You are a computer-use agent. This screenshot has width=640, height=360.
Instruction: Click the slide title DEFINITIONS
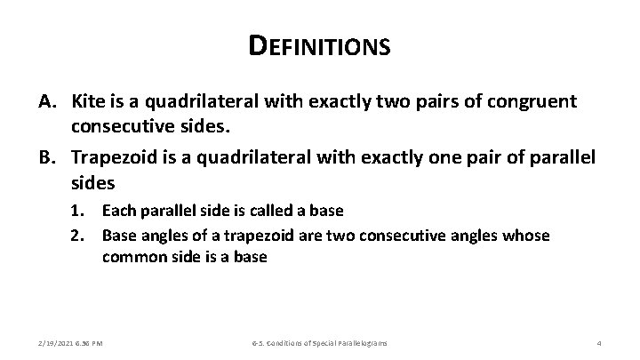coord(320,45)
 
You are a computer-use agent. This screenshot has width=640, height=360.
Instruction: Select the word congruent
coord(534,101)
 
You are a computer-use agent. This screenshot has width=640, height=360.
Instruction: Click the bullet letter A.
coord(48,101)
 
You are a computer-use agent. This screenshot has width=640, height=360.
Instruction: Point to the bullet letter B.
coord(48,156)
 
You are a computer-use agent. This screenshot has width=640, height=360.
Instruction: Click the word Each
coord(118,212)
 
